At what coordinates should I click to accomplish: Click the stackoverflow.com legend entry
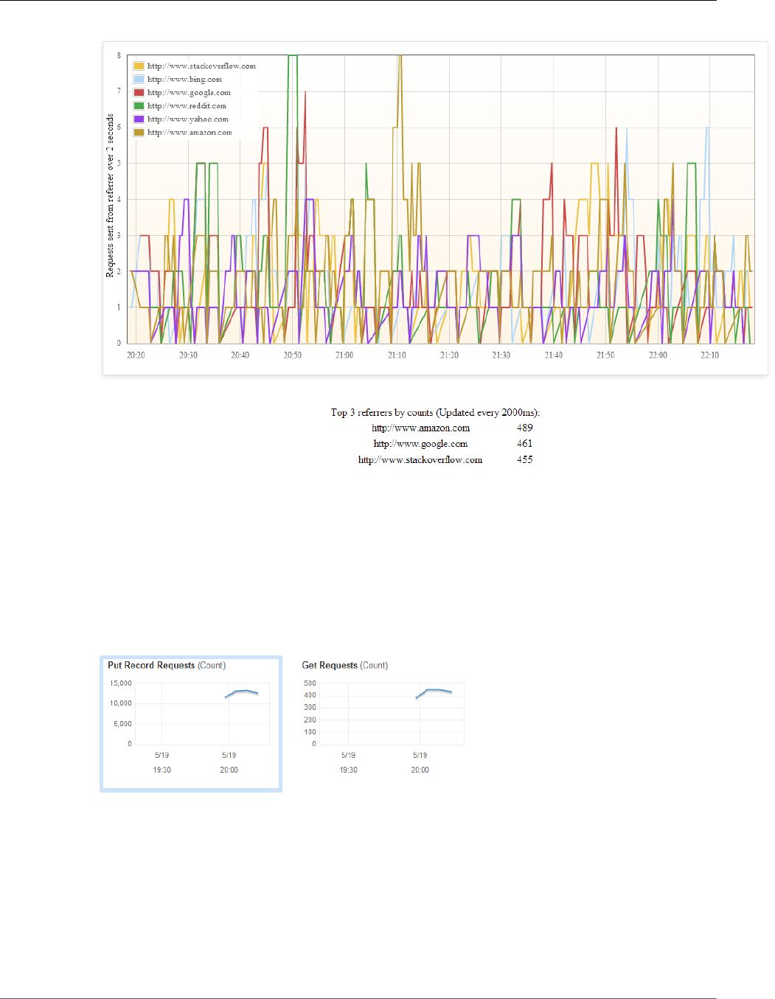(201, 66)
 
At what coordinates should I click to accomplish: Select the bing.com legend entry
(184, 80)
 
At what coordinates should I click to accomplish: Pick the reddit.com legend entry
(187, 106)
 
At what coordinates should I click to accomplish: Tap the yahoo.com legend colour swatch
(139, 119)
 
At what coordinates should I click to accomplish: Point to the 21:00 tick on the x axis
(344, 355)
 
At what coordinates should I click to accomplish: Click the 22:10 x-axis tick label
(709, 355)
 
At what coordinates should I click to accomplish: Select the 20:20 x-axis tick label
(136, 355)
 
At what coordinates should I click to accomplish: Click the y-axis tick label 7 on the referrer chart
(119, 91)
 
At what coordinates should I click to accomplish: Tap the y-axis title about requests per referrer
(110, 195)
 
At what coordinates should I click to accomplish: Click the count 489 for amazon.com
(524, 428)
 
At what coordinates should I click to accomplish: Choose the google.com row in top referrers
(420, 444)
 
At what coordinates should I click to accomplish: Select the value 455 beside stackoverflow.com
(524, 460)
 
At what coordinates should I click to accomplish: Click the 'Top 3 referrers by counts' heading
(435, 413)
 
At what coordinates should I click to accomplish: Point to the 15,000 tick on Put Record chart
(121, 683)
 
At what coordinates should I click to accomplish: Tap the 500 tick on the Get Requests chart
(310, 683)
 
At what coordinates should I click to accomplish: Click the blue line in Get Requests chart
(435, 690)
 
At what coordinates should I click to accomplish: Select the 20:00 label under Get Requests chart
(420, 770)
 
